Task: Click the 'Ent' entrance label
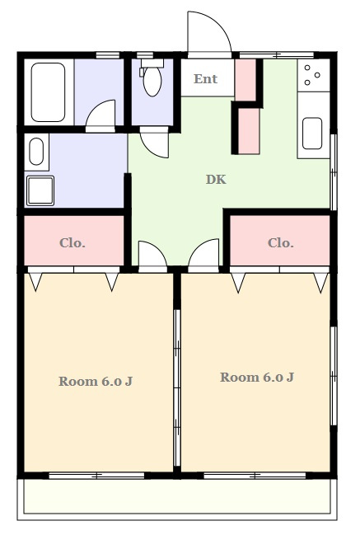coord(205,79)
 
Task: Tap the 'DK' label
coord(216,179)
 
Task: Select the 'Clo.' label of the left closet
coord(72,243)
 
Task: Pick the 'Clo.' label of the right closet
coord(281,243)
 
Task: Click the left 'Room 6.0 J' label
coord(96,381)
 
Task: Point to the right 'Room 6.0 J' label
coord(257,377)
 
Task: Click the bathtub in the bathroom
coord(48,92)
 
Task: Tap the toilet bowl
coord(152,82)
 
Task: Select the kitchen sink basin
coord(312,134)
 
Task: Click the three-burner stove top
coord(314,75)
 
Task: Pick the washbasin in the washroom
coord(36,152)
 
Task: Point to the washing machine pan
coord(40,190)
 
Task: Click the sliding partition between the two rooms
coord(177,387)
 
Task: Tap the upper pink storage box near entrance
coord(245,80)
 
